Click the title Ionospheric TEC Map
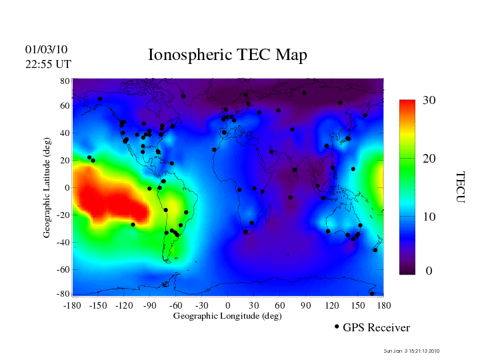point(227,55)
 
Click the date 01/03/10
point(46,50)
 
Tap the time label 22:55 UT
point(48,64)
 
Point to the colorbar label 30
point(429,101)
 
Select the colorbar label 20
point(429,159)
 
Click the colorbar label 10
point(429,217)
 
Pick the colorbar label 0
point(429,271)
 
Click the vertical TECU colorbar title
point(460,187)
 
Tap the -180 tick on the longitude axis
point(72,305)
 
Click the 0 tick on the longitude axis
point(228,305)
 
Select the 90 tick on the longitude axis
point(306,305)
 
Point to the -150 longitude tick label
point(98,305)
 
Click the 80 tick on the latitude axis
point(65,81)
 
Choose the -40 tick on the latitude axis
point(63,243)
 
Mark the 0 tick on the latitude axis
point(67,188)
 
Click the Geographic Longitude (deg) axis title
point(227,316)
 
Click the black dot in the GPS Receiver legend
point(337,327)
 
